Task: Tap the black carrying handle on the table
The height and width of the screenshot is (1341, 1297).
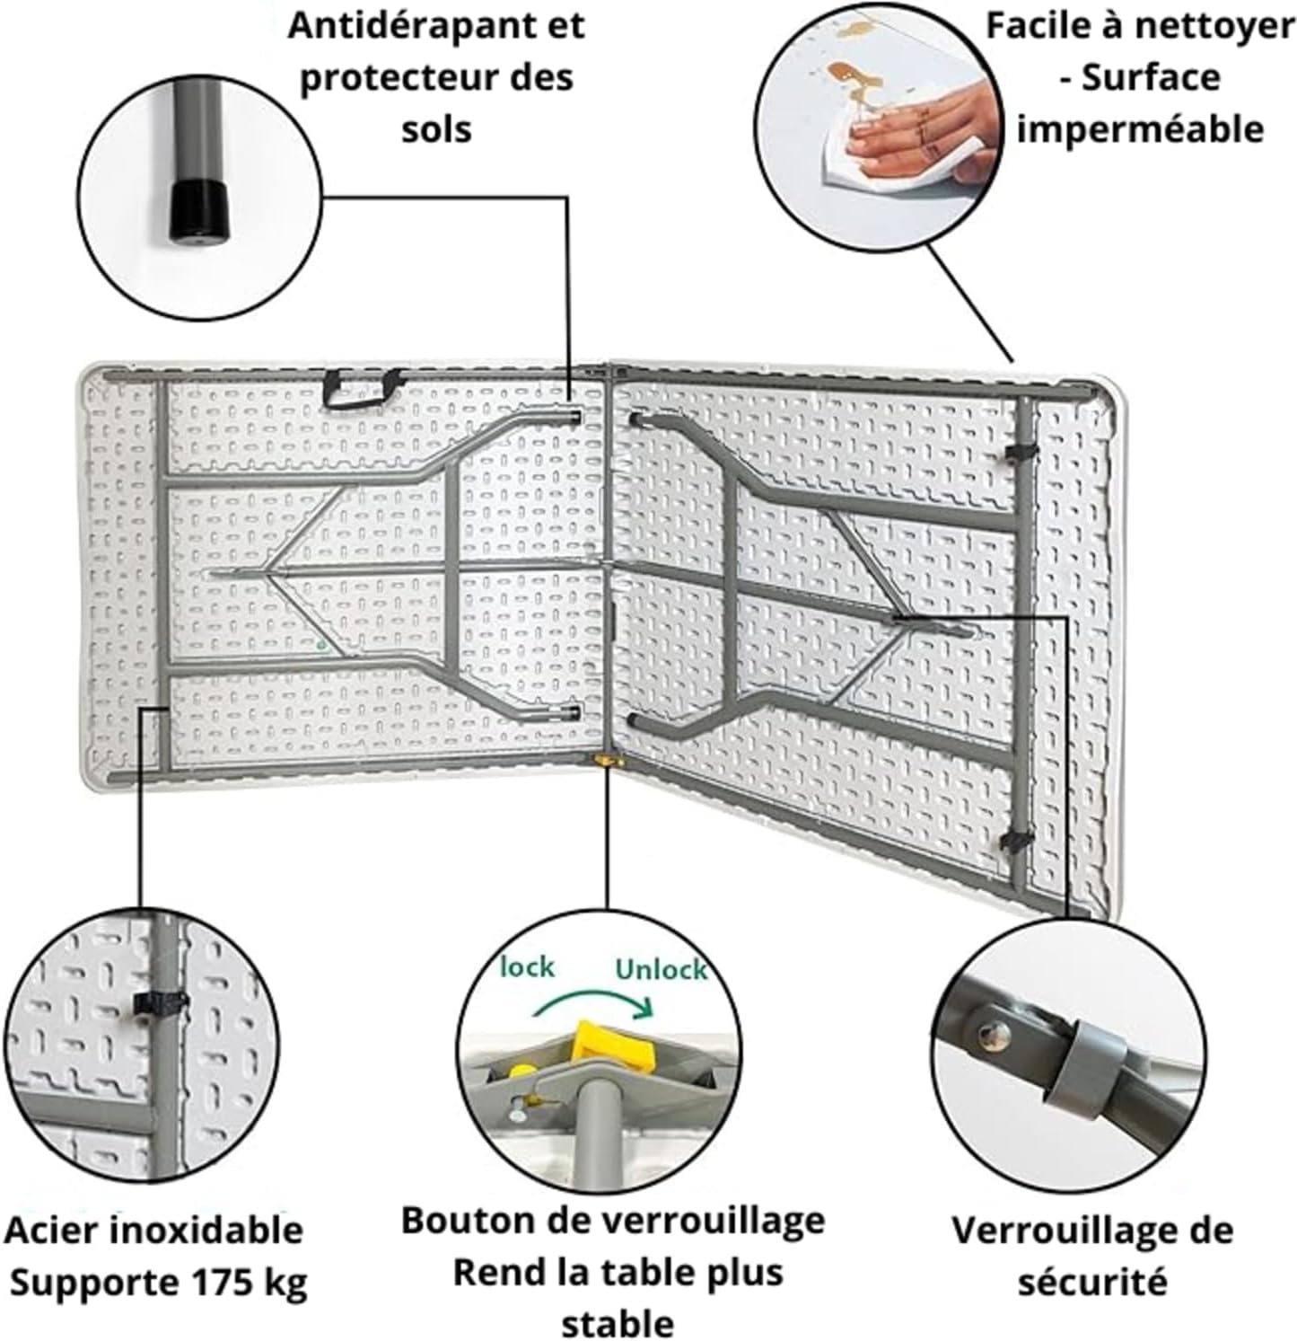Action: (x=363, y=389)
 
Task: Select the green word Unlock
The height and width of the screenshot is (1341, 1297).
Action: (x=661, y=970)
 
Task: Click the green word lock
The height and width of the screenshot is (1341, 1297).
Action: (x=527, y=967)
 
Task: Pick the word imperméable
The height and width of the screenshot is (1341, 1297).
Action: (x=1140, y=129)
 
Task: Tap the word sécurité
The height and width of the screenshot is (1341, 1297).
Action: (x=1092, y=1280)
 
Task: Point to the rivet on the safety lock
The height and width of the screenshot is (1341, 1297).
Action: (x=992, y=1034)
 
